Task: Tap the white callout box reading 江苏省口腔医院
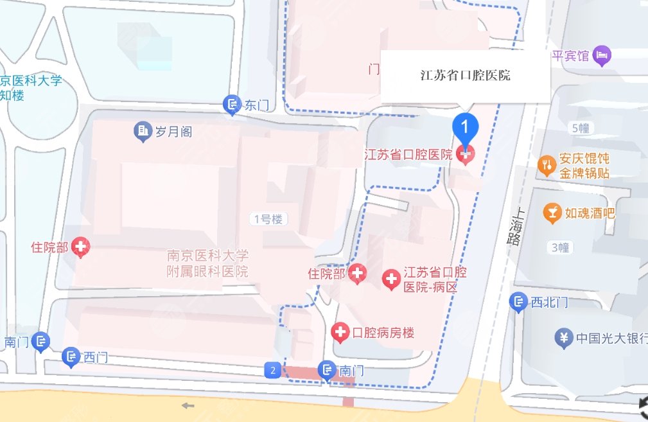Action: [x=465, y=75]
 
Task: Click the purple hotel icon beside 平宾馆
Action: [x=602, y=56]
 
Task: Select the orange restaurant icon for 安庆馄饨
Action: [x=547, y=165]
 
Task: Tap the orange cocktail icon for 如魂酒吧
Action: [x=551, y=212]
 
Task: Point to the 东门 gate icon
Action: [x=231, y=105]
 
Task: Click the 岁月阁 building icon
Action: [x=143, y=132]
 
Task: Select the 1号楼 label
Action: [x=268, y=219]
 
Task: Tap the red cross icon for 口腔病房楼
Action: [x=340, y=332]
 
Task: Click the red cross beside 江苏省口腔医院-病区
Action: [x=391, y=279]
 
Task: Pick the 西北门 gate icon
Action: [x=519, y=302]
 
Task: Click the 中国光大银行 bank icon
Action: [x=564, y=337]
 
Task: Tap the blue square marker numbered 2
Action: [x=273, y=370]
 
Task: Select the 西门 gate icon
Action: [x=71, y=356]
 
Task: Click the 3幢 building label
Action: [x=560, y=247]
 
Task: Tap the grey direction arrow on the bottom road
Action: [x=188, y=405]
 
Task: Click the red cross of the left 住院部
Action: [x=81, y=246]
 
